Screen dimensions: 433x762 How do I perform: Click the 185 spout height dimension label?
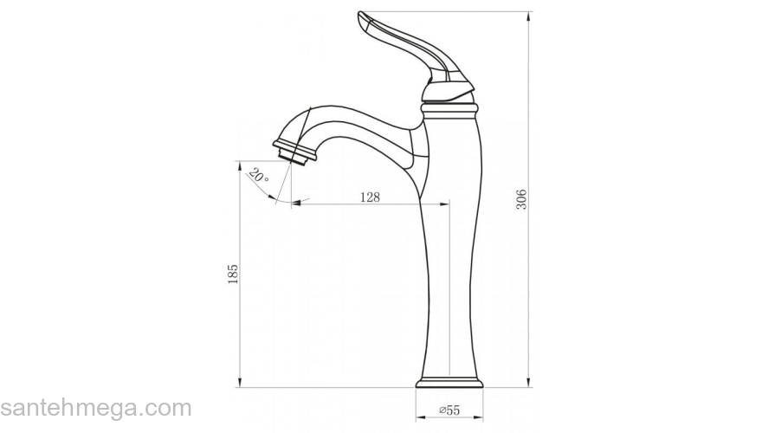pyautogui.click(x=233, y=275)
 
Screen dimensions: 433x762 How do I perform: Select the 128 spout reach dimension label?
pyautogui.click(x=370, y=197)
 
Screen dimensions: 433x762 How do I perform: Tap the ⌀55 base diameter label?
pyautogui.click(x=449, y=410)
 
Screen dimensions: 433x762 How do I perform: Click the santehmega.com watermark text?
pyautogui.click(x=95, y=408)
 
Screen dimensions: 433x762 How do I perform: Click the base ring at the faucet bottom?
pyautogui.click(x=449, y=383)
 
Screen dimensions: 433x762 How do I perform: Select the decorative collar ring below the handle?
pyautogui.click(x=449, y=109)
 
